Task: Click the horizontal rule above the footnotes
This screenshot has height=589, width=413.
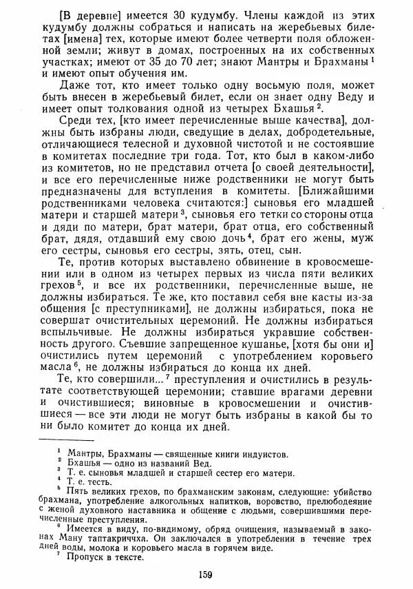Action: pos(66,440)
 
